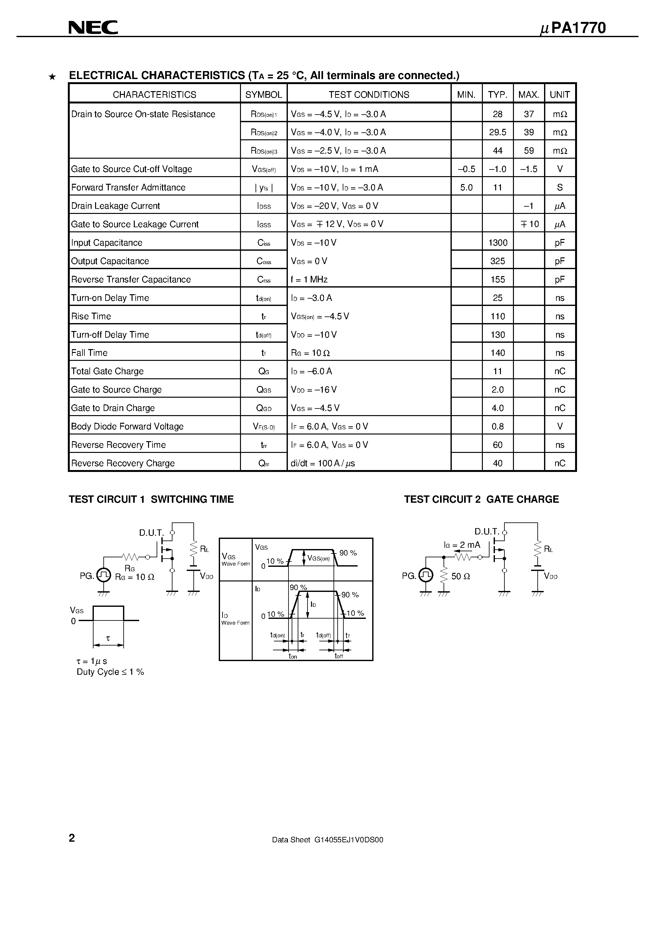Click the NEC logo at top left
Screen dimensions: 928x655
[x=93, y=28]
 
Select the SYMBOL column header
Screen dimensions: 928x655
[x=264, y=95]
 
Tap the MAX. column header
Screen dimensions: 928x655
[x=529, y=95]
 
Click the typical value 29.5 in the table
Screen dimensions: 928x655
[x=497, y=132]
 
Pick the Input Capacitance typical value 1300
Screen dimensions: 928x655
[x=497, y=242]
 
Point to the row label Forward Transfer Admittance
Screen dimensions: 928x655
[x=128, y=188]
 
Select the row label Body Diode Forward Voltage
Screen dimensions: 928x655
[x=127, y=427]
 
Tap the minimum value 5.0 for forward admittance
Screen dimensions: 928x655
[x=466, y=188]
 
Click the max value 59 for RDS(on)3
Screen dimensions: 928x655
[x=529, y=151]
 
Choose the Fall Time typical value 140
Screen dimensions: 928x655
[x=497, y=353]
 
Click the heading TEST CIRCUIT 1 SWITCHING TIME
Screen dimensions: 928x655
[x=151, y=500]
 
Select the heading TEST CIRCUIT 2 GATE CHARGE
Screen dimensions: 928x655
[x=481, y=500]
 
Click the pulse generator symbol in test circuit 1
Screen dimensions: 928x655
[x=104, y=575]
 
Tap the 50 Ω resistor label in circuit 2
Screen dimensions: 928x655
[x=460, y=576]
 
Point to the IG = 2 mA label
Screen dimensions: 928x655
[x=462, y=545]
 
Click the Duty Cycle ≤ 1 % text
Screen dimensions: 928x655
[x=110, y=672]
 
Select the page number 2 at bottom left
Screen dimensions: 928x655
[x=72, y=838]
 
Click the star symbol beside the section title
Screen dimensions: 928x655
[x=52, y=77]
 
